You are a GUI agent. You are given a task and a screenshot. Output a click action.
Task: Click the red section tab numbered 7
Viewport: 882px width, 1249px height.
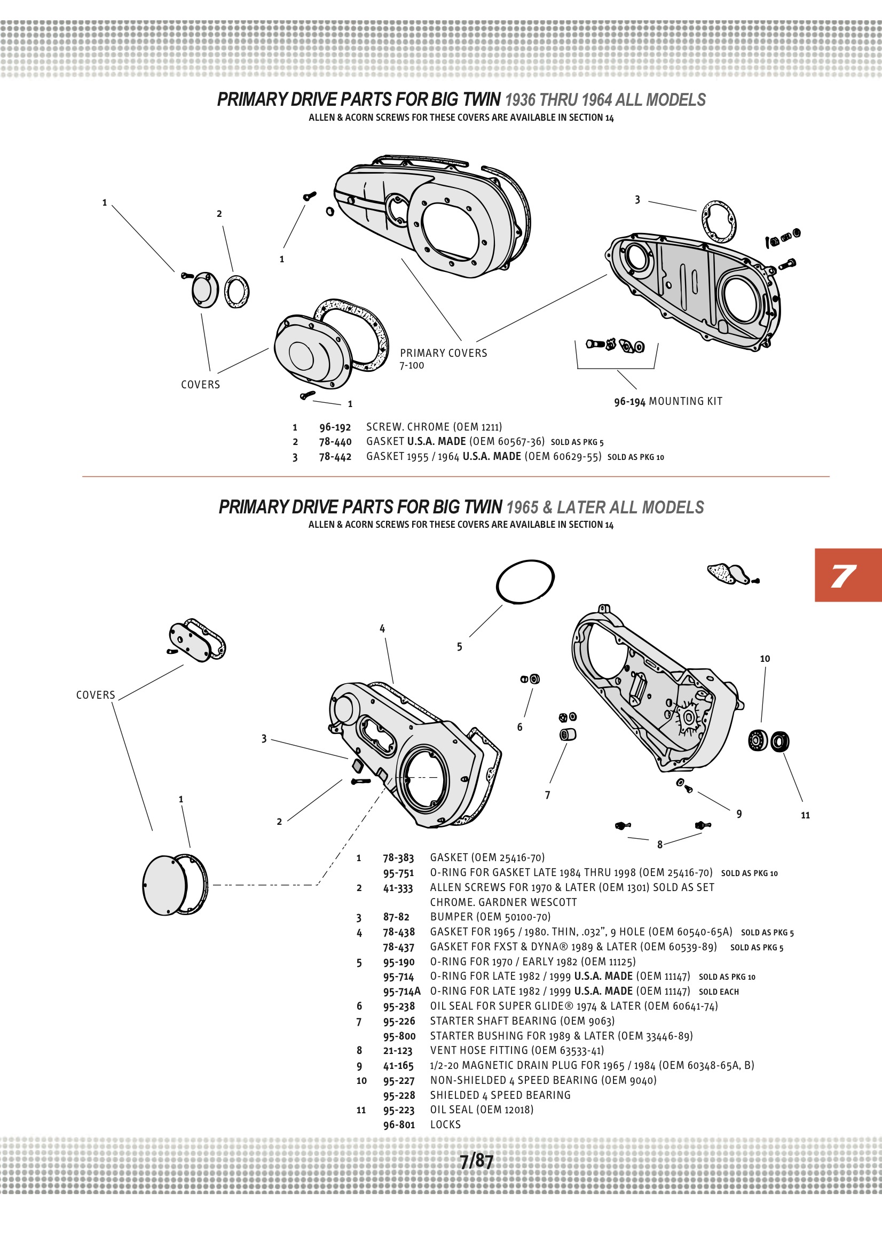point(847,575)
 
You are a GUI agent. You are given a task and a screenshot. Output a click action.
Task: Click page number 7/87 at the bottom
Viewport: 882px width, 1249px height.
point(476,1161)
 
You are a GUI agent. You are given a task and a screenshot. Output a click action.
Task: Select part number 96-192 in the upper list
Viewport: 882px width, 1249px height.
point(335,427)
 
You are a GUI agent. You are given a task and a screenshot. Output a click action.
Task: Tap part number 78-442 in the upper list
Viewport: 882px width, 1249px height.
point(335,457)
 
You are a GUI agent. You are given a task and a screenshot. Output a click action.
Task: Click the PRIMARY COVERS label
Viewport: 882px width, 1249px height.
point(443,353)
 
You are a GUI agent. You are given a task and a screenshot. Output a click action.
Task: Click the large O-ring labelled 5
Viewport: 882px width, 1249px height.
point(525,582)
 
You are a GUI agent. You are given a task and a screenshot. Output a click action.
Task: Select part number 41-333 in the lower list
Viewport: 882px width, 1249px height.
point(398,888)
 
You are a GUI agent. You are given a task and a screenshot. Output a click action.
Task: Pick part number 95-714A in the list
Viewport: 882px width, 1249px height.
point(401,992)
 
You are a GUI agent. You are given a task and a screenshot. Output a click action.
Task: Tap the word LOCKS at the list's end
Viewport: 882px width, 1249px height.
point(445,1125)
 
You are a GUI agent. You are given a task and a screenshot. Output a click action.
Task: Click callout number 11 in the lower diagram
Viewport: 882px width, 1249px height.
point(805,815)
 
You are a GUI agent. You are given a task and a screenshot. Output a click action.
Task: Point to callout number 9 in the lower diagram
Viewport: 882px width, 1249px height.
point(739,814)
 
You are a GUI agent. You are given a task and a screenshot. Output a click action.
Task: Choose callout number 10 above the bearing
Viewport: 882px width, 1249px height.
point(765,659)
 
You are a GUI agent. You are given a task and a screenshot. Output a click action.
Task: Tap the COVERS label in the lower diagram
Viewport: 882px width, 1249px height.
point(96,695)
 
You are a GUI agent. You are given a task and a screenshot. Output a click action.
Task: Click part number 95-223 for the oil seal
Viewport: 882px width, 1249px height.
point(399,1110)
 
